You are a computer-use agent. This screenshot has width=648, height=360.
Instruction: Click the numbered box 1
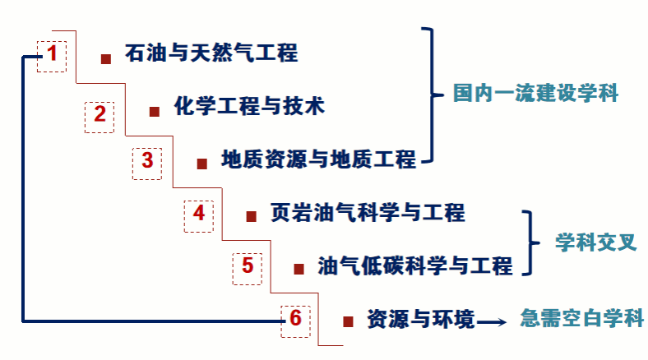52,55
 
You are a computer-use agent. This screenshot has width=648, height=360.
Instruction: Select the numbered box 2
100,115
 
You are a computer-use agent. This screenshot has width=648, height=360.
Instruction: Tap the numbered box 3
147,161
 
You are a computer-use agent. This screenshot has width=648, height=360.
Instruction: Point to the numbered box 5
247,266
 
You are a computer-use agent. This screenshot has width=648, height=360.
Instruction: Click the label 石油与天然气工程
211,55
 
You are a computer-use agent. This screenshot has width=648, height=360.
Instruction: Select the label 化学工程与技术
249,107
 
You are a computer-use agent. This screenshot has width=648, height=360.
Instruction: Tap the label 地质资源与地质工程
319,159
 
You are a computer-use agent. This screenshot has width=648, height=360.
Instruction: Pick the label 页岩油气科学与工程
368,213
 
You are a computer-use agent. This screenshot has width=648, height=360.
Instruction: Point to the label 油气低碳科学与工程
414,265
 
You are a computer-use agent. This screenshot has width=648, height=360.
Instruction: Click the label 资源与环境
420,319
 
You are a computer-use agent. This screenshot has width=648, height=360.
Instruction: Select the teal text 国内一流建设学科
535,93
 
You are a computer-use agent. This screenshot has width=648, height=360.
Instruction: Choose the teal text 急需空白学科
581,319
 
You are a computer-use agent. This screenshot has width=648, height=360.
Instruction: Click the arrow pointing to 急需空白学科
492,321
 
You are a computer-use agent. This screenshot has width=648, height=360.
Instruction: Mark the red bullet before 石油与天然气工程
105,58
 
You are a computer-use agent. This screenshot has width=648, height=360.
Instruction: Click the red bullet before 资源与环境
348,321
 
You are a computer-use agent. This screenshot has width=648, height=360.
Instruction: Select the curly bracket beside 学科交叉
530,242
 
